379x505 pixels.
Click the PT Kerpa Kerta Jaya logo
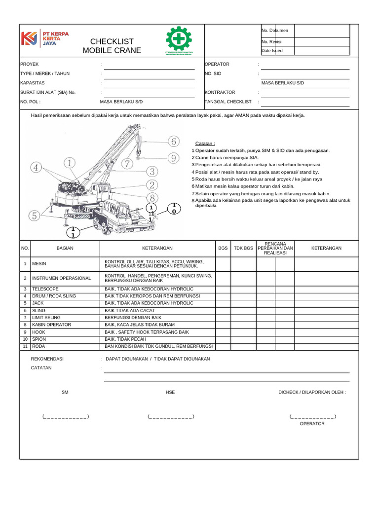click(44, 38)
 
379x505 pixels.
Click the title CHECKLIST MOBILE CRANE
click(112, 46)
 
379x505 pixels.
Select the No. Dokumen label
click(275, 31)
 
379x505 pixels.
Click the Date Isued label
click(272, 51)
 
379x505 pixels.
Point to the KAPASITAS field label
click(33, 83)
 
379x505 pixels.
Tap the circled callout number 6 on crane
click(173, 142)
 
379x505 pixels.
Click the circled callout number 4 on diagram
click(36, 168)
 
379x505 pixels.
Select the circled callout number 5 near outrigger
click(34, 216)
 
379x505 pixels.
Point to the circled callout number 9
click(173, 158)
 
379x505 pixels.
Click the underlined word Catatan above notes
click(205, 144)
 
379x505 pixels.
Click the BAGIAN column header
click(65, 248)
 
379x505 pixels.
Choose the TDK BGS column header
click(243, 248)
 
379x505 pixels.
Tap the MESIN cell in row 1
click(39, 264)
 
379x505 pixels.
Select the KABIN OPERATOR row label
click(51, 325)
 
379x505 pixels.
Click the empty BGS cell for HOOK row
click(223, 332)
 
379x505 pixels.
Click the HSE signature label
click(170, 393)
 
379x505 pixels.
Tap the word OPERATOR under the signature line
click(312, 424)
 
